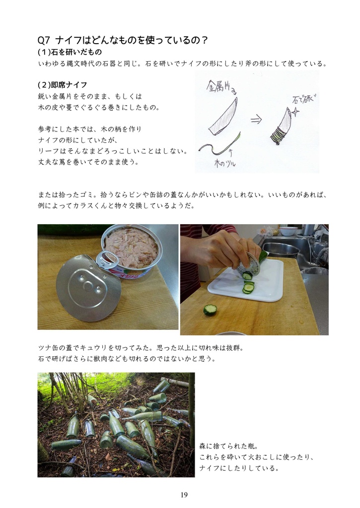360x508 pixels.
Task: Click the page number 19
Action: [x=184, y=495]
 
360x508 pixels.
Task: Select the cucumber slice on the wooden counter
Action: [x=210, y=310]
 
